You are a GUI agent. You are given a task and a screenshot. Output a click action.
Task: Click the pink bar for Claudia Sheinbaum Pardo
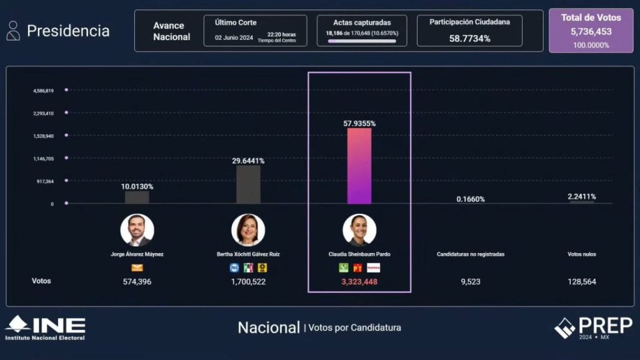[x=359, y=166]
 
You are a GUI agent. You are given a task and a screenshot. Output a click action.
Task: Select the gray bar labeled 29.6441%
[x=248, y=184]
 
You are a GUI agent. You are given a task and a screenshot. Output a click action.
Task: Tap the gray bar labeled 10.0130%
[x=137, y=197]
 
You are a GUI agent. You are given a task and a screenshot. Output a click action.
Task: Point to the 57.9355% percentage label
[x=359, y=124]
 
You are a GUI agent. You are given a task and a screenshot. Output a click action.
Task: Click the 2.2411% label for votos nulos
[x=582, y=197]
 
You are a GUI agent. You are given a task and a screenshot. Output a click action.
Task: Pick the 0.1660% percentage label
[x=471, y=199]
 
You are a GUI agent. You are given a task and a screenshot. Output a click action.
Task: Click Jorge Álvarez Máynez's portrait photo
[x=137, y=230]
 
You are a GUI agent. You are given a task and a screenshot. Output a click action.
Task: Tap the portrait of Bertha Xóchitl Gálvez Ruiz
[x=248, y=230]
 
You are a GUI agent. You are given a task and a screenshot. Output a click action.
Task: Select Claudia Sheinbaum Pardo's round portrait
[x=359, y=230]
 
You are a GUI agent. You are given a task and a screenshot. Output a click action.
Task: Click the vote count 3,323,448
[x=359, y=282]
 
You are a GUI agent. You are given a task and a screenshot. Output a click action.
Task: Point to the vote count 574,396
[x=137, y=282]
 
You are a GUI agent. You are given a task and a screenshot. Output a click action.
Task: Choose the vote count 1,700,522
[x=248, y=282]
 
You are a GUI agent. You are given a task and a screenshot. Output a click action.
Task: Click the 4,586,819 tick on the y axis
[x=44, y=91]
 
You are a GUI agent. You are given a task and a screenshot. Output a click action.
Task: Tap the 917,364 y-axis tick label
[x=44, y=181]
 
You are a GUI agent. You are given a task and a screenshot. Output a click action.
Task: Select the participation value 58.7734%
[x=469, y=39]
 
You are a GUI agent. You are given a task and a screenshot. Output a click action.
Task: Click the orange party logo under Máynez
[x=137, y=267]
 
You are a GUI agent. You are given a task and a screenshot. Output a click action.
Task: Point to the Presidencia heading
[x=68, y=31]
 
